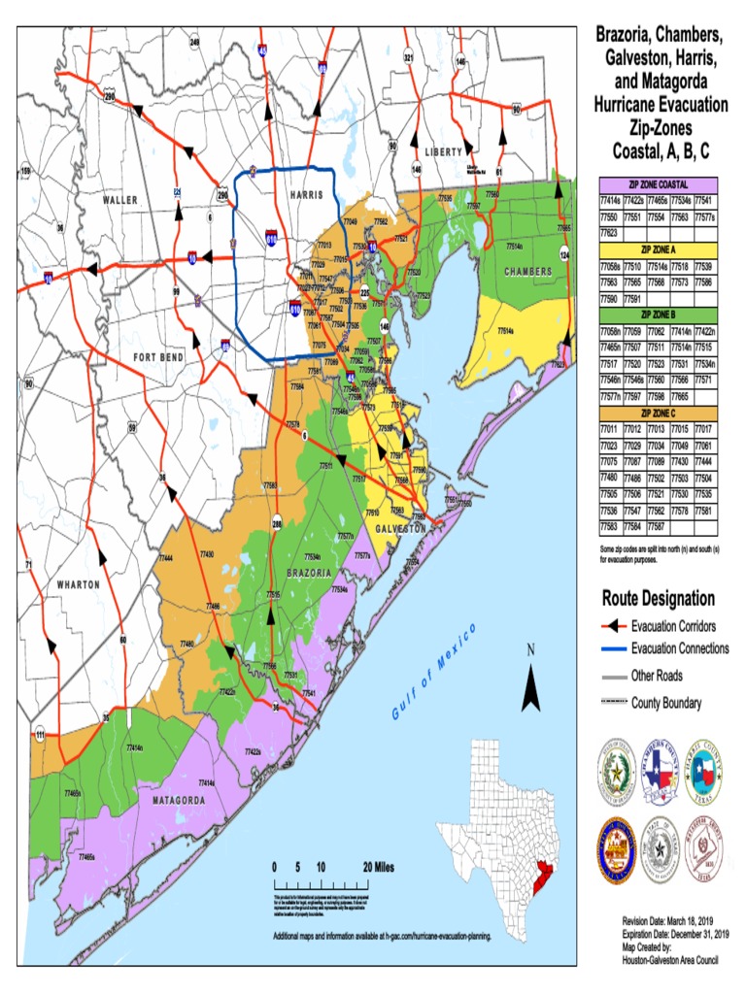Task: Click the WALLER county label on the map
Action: pyautogui.click(x=120, y=200)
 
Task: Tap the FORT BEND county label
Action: pyautogui.click(x=158, y=358)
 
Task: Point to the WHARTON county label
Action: pyautogui.click(x=78, y=585)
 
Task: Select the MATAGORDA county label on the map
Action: pyautogui.click(x=179, y=801)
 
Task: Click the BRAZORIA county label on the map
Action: pyautogui.click(x=311, y=573)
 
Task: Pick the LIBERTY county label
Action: pyautogui.click(x=443, y=152)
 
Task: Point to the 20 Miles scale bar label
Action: pyautogui.click(x=378, y=867)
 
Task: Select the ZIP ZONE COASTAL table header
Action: pyautogui.click(x=659, y=183)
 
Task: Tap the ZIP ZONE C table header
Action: pyautogui.click(x=659, y=414)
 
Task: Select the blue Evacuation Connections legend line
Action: pyautogui.click(x=614, y=648)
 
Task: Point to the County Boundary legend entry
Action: pyautogui.click(x=665, y=703)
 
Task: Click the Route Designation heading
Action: pyautogui.click(x=658, y=598)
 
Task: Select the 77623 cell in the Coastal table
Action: pyautogui.click(x=610, y=233)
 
